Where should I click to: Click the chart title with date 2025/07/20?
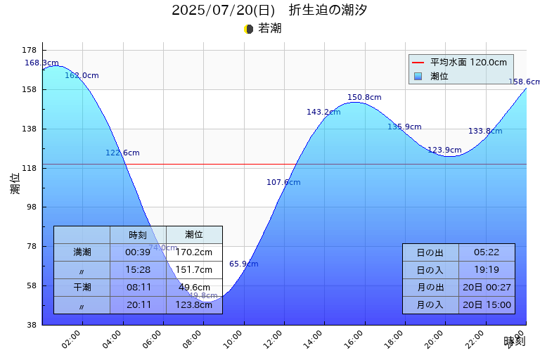[x=269, y=10]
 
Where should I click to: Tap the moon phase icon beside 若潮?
[x=248, y=29]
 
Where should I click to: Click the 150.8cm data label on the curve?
[x=364, y=97]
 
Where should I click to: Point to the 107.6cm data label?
[x=283, y=182]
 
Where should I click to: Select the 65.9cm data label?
[x=243, y=264]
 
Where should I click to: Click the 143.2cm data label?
[x=323, y=112]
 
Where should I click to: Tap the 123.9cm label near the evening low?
[x=444, y=150]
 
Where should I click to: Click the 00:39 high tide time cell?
[x=138, y=252]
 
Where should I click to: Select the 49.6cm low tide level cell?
[x=194, y=287]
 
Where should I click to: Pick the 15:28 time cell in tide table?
[x=138, y=269]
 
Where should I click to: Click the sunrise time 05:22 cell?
[x=487, y=252]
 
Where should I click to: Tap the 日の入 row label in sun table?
[x=430, y=270]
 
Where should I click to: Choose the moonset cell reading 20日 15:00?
[x=487, y=304]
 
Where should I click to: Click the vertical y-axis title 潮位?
[x=15, y=184]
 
